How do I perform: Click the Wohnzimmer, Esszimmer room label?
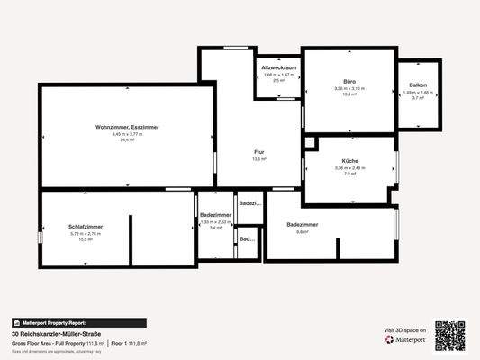click(x=127, y=128)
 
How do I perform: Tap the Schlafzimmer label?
click(x=86, y=225)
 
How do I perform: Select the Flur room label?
click(x=258, y=152)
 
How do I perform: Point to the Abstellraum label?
click(x=278, y=68)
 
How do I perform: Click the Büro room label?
click(x=349, y=80)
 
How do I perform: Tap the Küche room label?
click(x=349, y=160)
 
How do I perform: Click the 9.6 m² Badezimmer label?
click(x=303, y=223)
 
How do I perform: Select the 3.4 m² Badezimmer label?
click(x=215, y=215)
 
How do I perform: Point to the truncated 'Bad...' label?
click(x=247, y=239)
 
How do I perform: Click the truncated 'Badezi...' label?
click(x=249, y=203)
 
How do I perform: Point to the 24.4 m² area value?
click(x=127, y=140)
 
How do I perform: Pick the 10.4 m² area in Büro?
click(x=349, y=94)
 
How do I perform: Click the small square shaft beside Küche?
click(x=311, y=142)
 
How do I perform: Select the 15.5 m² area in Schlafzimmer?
click(x=86, y=239)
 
